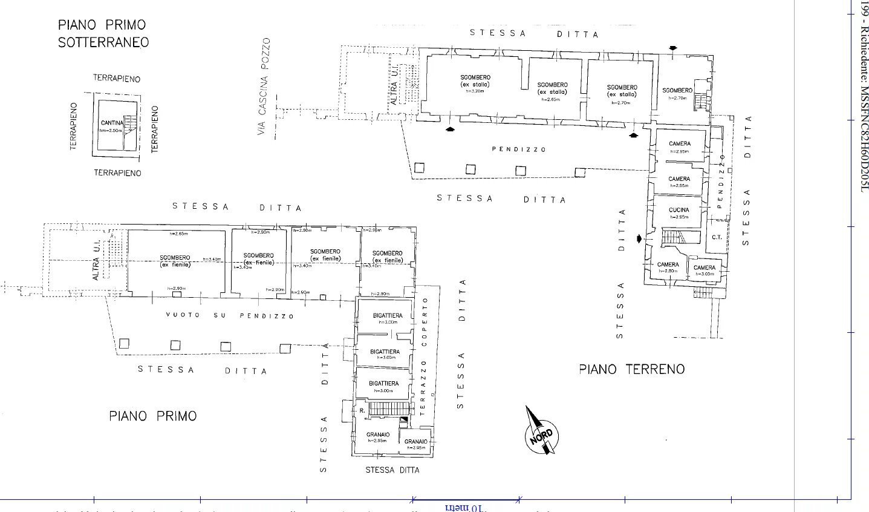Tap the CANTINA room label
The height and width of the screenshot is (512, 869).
click(x=112, y=123)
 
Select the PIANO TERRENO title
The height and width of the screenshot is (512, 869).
click(x=631, y=369)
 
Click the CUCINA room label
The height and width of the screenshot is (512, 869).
click(x=679, y=210)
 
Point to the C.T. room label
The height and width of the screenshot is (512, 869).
click(x=717, y=237)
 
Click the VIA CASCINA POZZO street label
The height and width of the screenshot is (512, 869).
click(x=263, y=87)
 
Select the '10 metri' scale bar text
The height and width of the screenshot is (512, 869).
click(x=464, y=507)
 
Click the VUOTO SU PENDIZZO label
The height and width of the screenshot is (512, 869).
click(x=230, y=316)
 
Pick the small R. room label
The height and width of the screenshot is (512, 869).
click(x=362, y=410)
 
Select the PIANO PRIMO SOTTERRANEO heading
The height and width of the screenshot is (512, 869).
click(x=103, y=34)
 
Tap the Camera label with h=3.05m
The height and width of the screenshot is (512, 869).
click(x=704, y=267)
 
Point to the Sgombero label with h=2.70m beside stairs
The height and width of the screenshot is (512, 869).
click(x=677, y=90)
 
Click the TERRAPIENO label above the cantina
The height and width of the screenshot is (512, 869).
click(x=117, y=79)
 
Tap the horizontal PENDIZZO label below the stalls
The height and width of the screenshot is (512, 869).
click(x=518, y=149)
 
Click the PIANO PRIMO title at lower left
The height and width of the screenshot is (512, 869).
click(x=152, y=416)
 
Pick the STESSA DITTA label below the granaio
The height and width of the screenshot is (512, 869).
click(x=392, y=470)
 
